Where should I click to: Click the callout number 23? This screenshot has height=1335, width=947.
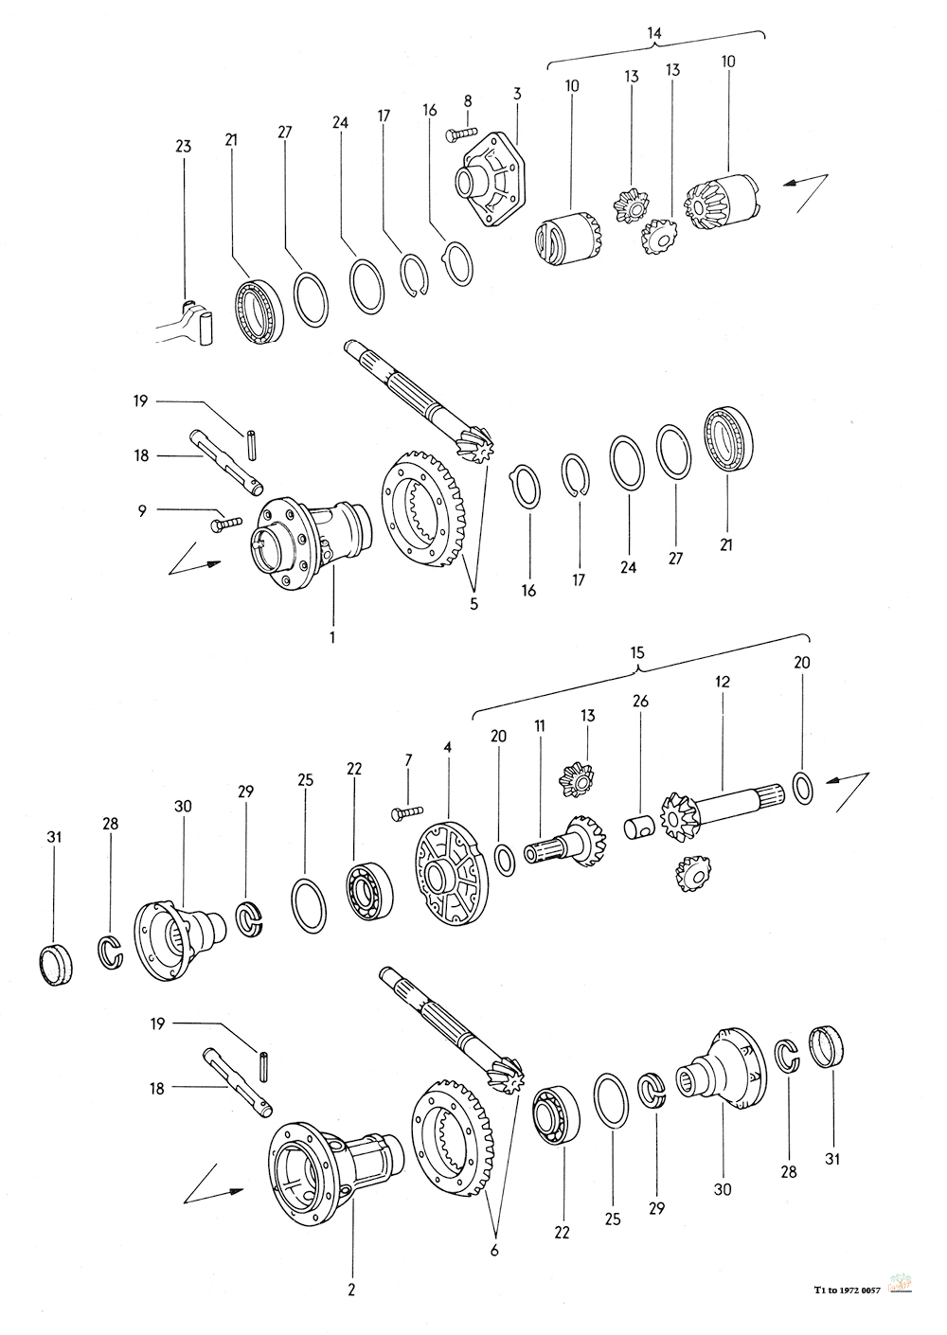point(183,146)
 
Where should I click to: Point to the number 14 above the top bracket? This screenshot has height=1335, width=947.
point(653,33)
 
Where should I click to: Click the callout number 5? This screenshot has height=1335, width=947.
point(473,604)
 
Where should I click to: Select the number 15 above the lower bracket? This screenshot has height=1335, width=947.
point(637,652)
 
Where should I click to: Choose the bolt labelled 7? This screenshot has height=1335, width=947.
point(407,811)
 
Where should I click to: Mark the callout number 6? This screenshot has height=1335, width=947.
point(494,1250)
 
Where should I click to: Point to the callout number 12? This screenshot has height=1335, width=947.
point(723,681)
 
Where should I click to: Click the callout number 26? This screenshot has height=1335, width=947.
point(641,701)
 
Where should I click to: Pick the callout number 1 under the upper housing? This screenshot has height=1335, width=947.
point(332,638)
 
